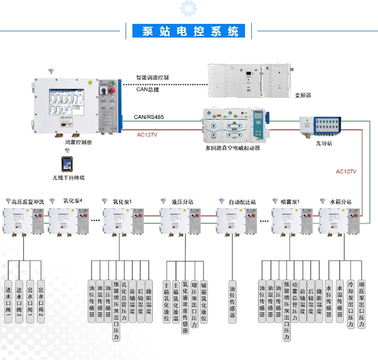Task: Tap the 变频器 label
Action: (303, 95)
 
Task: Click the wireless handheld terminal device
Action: (68, 164)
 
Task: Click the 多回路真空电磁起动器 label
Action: (232, 147)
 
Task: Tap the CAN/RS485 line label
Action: (149, 117)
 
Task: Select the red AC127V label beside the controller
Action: (148, 135)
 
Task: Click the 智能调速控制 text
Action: (152, 77)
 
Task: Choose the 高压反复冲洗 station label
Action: (27, 201)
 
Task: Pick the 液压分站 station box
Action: (182, 221)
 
